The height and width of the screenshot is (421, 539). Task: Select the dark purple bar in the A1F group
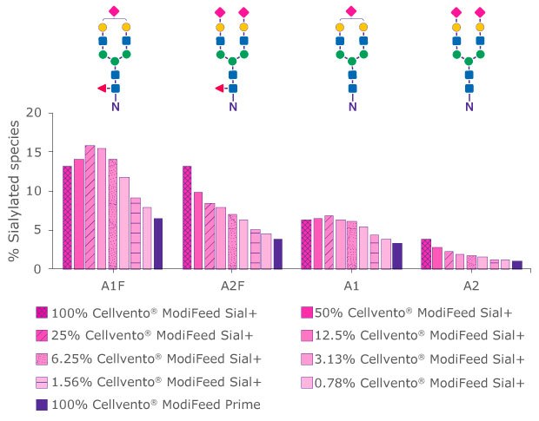point(158,244)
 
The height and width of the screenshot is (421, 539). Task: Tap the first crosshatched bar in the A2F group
point(187,217)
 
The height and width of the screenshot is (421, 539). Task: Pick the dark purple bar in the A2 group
point(517,265)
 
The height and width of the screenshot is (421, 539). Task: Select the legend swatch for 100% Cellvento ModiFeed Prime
point(42,404)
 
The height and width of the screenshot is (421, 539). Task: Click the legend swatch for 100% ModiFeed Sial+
point(42,312)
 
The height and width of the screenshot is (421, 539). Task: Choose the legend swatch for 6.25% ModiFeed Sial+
point(42,359)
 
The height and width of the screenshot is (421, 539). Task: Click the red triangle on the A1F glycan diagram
point(101,88)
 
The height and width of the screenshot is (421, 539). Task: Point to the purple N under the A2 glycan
point(469,109)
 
